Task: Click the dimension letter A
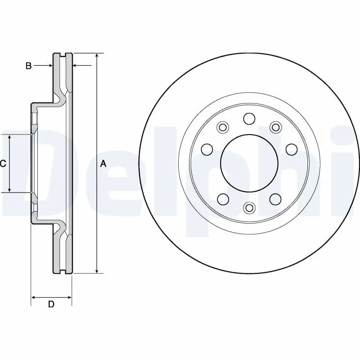coord(103,164)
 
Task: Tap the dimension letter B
coord(28,66)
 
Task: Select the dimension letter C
coord(3,164)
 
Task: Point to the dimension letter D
coord(51,305)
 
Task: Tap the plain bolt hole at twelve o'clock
coord(249,119)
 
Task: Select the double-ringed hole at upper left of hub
coord(222,128)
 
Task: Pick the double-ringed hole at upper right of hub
coord(275,128)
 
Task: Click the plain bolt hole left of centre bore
coord(207,149)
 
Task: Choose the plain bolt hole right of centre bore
coord(291,149)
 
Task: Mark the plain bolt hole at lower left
coord(222,198)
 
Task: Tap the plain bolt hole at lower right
coord(275,198)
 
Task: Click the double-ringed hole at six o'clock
coord(249,207)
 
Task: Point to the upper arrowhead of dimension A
coord(97,56)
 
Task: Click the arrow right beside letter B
coord(49,66)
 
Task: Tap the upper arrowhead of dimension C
coord(10,137)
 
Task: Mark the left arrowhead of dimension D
coord(33,297)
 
